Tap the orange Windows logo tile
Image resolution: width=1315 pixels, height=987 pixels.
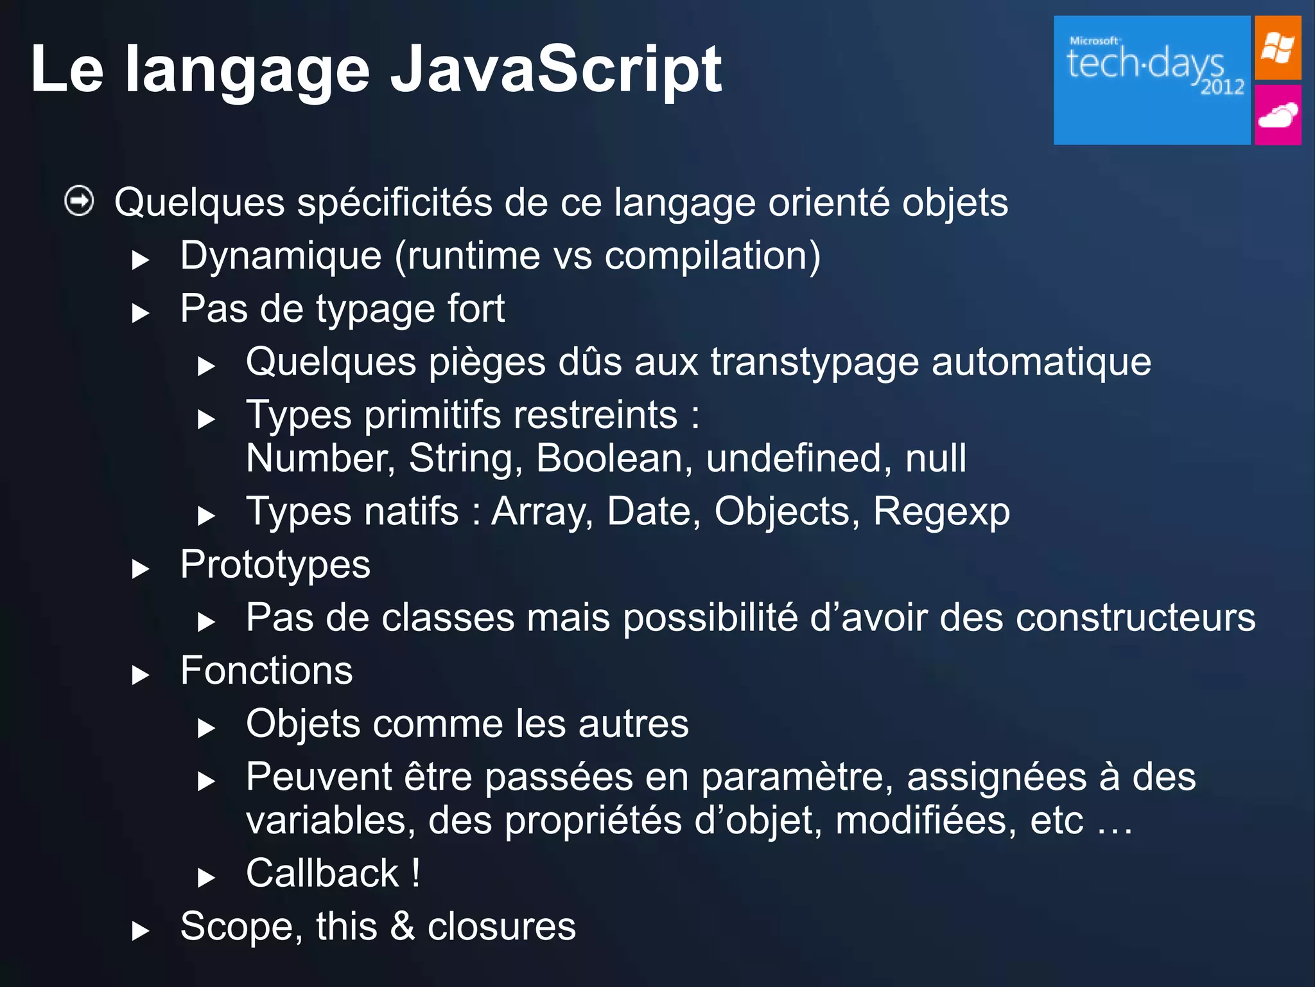pyautogui.click(x=1277, y=48)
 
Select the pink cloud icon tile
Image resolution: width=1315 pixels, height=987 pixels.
pyautogui.click(x=1277, y=116)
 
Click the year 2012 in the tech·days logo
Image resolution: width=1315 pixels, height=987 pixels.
pyautogui.click(x=1222, y=87)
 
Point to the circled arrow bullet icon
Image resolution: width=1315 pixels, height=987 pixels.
pyautogui.click(x=80, y=202)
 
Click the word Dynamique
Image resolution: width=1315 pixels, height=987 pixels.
pyautogui.click(x=281, y=256)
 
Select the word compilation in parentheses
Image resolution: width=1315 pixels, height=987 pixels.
pyautogui.click(x=706, y=256)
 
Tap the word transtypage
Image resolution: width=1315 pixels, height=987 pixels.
pyautogui.click(x=815, y=362)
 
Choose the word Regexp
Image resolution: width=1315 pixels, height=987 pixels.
pyautogui.click(x=941, y=512)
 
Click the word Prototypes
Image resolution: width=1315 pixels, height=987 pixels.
pyautogui.click(x=275, y=565)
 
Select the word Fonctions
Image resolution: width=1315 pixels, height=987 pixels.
pyautogui.click(x=266, y=671)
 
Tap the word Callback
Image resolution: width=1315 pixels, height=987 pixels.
pyautogui.click(x=322, y=873)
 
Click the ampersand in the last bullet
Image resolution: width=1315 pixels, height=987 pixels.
pyautogui.click(x=403, y=927)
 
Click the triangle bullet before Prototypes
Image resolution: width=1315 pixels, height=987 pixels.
pyautogui.click(x=140, y=569)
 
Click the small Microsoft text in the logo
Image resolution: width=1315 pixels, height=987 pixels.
pyautogui.click(x=1093, y=40)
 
